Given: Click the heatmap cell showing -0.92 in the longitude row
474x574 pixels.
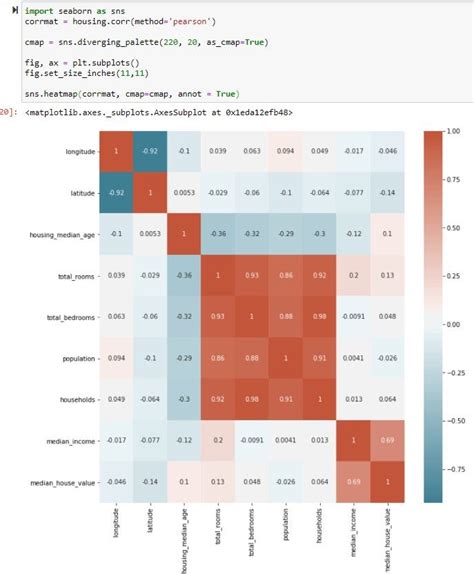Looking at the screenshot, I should [x=152, y=150].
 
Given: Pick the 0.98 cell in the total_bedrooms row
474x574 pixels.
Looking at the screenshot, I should [x=321, y=316].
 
